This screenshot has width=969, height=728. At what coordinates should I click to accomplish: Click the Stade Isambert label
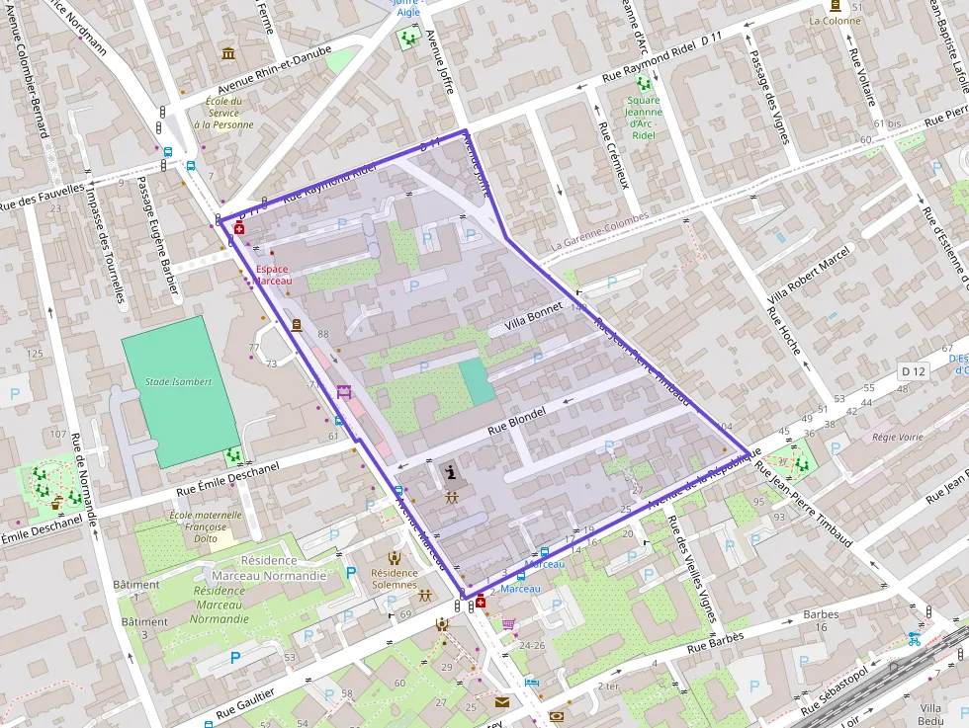tap(179, 381)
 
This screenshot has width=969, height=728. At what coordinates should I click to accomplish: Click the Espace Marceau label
tap(273, 275)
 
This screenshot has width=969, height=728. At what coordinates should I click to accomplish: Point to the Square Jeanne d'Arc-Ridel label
tap(644, 118)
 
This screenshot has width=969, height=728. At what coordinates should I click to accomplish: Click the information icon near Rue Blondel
tap(452, 472)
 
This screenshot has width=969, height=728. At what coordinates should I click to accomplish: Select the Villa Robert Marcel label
tap(810, 274)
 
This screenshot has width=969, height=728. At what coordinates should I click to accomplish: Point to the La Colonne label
tap(836, 20)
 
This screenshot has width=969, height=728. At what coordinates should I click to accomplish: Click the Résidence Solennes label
tap(394, 578)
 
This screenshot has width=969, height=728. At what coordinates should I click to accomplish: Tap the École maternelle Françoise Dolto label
tap(206, 526)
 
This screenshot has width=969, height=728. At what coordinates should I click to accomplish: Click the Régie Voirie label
tap(898, 436)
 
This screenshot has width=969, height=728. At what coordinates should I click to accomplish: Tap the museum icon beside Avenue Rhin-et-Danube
tap(228, 52)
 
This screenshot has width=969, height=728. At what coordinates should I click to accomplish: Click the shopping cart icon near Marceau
tap(508, 624)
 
